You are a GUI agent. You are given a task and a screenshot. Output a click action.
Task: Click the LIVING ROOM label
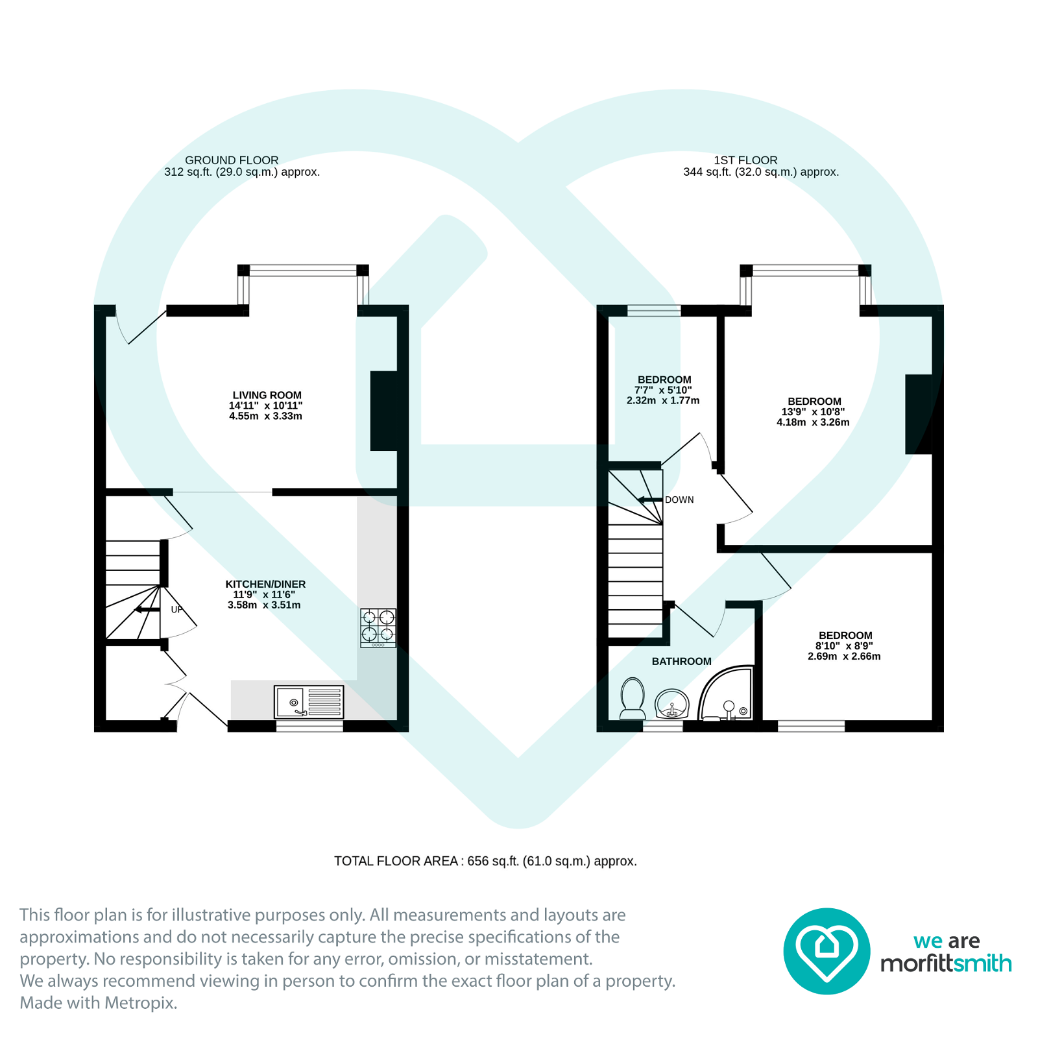point(267,395)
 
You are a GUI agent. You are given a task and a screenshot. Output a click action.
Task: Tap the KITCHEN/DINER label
point(265,584)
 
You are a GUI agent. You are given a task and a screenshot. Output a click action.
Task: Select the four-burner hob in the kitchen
point(378,627)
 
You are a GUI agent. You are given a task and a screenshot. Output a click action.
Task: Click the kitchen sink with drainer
point(309,702)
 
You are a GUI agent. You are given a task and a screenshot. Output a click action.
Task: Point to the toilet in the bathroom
point(633,698)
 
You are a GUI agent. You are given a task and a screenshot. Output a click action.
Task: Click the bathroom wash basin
point(671,704)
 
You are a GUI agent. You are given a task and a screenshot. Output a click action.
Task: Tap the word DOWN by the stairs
point(679,500)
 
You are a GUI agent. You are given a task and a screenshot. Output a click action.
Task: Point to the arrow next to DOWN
point(649,500)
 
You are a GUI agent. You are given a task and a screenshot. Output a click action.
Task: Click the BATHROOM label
point(681,661)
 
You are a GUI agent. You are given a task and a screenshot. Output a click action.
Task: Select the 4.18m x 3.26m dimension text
point(813,422)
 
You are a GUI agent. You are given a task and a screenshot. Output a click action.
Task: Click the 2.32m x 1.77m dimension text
point(663,400)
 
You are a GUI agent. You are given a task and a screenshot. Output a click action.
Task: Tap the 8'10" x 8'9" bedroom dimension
point(844,646)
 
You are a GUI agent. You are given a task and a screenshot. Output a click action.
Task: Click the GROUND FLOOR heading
point(232,160)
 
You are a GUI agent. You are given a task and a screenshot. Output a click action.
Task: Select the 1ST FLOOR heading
point(745,160)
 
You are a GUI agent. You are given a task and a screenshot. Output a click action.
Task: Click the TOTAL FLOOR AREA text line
point(485,861)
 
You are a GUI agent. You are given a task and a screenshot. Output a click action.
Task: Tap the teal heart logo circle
point(826,950)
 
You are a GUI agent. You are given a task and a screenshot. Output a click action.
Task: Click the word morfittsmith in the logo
point(945,963)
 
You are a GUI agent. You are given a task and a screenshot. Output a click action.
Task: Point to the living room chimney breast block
point(383,411)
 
